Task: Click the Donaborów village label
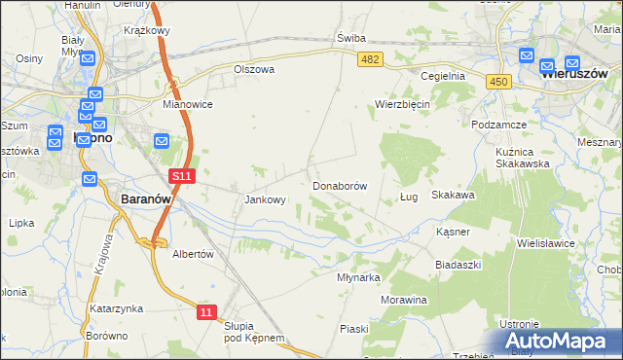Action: (339, 185)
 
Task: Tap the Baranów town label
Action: (146, 198)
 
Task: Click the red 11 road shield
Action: (205, 311)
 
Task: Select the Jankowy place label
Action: (265, 200)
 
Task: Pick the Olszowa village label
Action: (254, 70)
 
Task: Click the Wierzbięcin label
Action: (403, 103)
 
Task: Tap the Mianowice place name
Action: (188, 103)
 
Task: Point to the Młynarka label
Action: (358, 276)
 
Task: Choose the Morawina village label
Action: (404, 300)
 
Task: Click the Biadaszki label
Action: (458, 265)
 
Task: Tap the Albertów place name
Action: (192, 253)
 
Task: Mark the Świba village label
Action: (350, 38)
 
